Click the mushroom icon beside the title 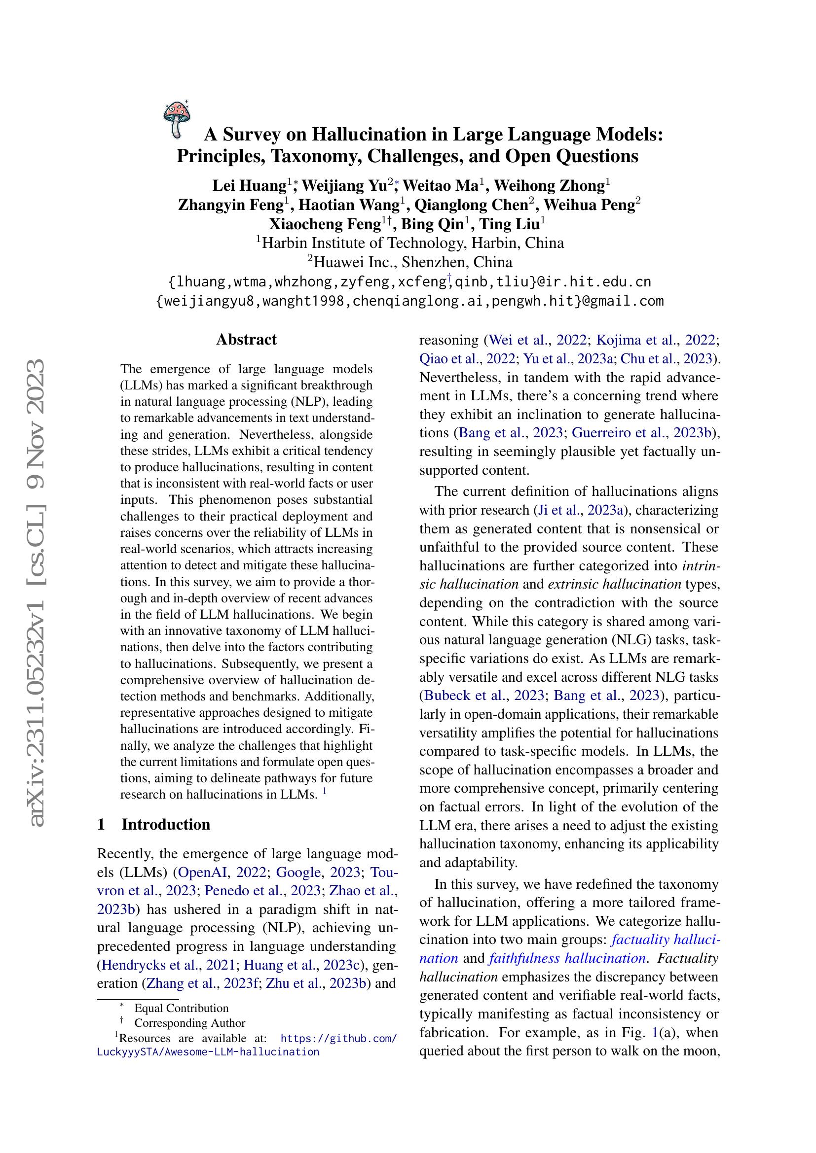click(176, 119)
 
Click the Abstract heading click(246, 340)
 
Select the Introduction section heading click(165, 825)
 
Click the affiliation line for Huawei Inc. click(409, 262)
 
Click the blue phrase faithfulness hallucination click(567, 958)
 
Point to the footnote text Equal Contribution click(182, 1009)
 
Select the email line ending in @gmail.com click(409, 301)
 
